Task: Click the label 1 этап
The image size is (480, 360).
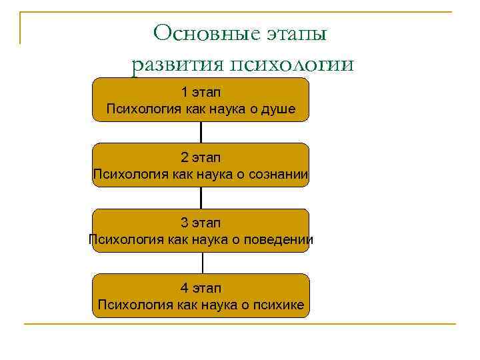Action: coord(201,92)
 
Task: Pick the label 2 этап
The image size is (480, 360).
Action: coord(201,158)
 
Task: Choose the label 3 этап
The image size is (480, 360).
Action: coord(201,223)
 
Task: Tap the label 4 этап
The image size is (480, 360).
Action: coord(201,289)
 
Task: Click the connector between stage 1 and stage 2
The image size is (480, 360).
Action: coord(201,132)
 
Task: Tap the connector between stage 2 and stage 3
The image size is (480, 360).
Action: coord(201,197)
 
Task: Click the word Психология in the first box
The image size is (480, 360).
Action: coord(139,109)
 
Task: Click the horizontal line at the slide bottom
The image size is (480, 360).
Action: coord(240,324)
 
